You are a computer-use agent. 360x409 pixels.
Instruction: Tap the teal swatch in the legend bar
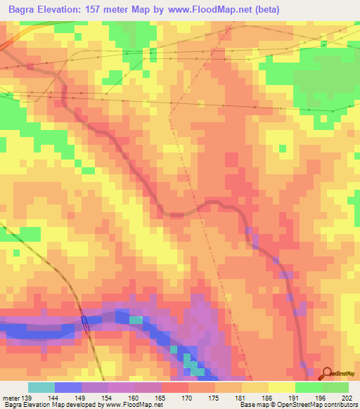tap(41, 387)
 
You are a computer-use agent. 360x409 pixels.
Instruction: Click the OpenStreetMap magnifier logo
tap(327, 374)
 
